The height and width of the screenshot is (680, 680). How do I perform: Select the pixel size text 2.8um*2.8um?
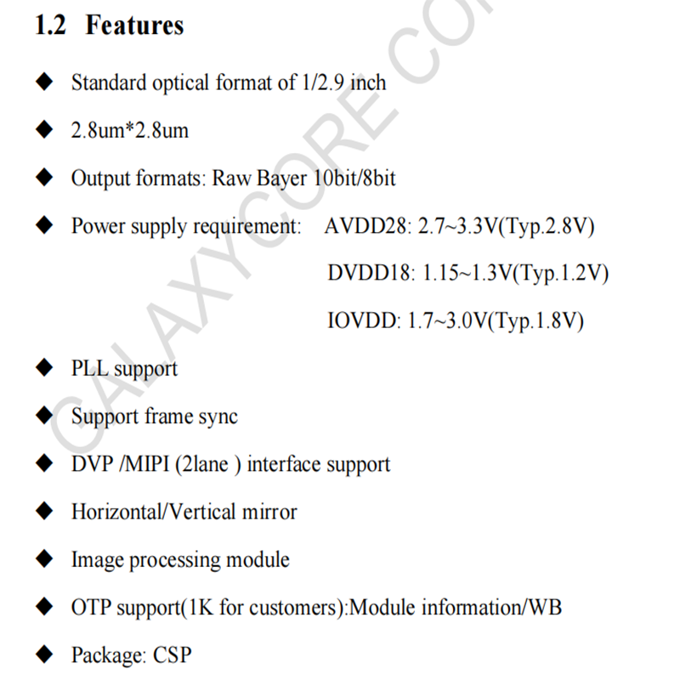129,131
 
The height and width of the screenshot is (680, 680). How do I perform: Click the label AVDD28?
366,227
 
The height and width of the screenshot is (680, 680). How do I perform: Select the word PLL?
89,369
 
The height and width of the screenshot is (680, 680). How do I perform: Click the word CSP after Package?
173,655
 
